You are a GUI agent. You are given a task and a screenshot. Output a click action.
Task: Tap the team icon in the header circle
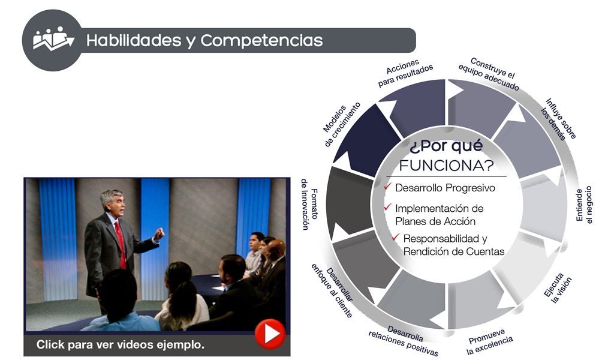click(53, 40)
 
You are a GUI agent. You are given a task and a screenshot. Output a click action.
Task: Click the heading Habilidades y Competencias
click(204, 41)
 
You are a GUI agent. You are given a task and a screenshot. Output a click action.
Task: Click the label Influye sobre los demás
click(558, 118)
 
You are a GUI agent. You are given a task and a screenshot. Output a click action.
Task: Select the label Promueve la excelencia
click(489, 341)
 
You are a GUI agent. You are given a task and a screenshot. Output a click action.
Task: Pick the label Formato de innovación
click(309, 205)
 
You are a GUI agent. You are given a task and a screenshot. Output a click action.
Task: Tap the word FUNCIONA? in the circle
click(446, 164)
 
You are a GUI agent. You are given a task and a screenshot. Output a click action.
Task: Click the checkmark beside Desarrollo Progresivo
click(388, 187)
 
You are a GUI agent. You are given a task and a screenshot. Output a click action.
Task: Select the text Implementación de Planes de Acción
click(439, 214)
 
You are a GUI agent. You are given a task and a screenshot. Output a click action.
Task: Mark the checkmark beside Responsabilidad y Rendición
click(395, 238)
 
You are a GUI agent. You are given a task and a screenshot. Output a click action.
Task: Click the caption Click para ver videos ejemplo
click(121, 344)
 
